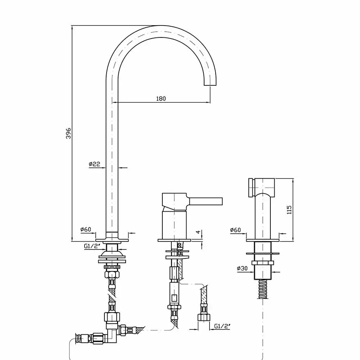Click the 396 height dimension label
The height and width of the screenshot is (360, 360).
click(x=68, y=134)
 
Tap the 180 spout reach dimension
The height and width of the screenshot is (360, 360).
click(x=161, y=99)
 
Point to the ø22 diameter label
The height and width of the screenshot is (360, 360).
click(x=95, y=164)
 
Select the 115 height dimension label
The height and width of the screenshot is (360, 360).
click(x=289, y=210)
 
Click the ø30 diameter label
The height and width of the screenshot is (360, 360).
click(x=242, y=268)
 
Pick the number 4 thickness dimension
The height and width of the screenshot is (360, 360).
click(x=198, y=232)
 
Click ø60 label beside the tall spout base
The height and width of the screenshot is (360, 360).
click(x=86, y=229)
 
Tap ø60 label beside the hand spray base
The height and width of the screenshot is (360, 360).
click(x=235, y=230)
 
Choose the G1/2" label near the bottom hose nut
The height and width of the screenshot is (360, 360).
click(x=222, y=326)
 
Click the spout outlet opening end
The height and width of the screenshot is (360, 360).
click(x=210, y=85)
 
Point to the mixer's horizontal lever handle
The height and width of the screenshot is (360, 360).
click(x=205, y=201)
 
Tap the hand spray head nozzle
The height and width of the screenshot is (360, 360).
click(x=251, y=187)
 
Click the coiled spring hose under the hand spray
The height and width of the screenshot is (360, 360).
click(x=263, y=289)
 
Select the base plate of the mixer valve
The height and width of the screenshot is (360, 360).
click(x=174, y=240)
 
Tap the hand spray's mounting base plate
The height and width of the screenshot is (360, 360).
click(x=263, y=240)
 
